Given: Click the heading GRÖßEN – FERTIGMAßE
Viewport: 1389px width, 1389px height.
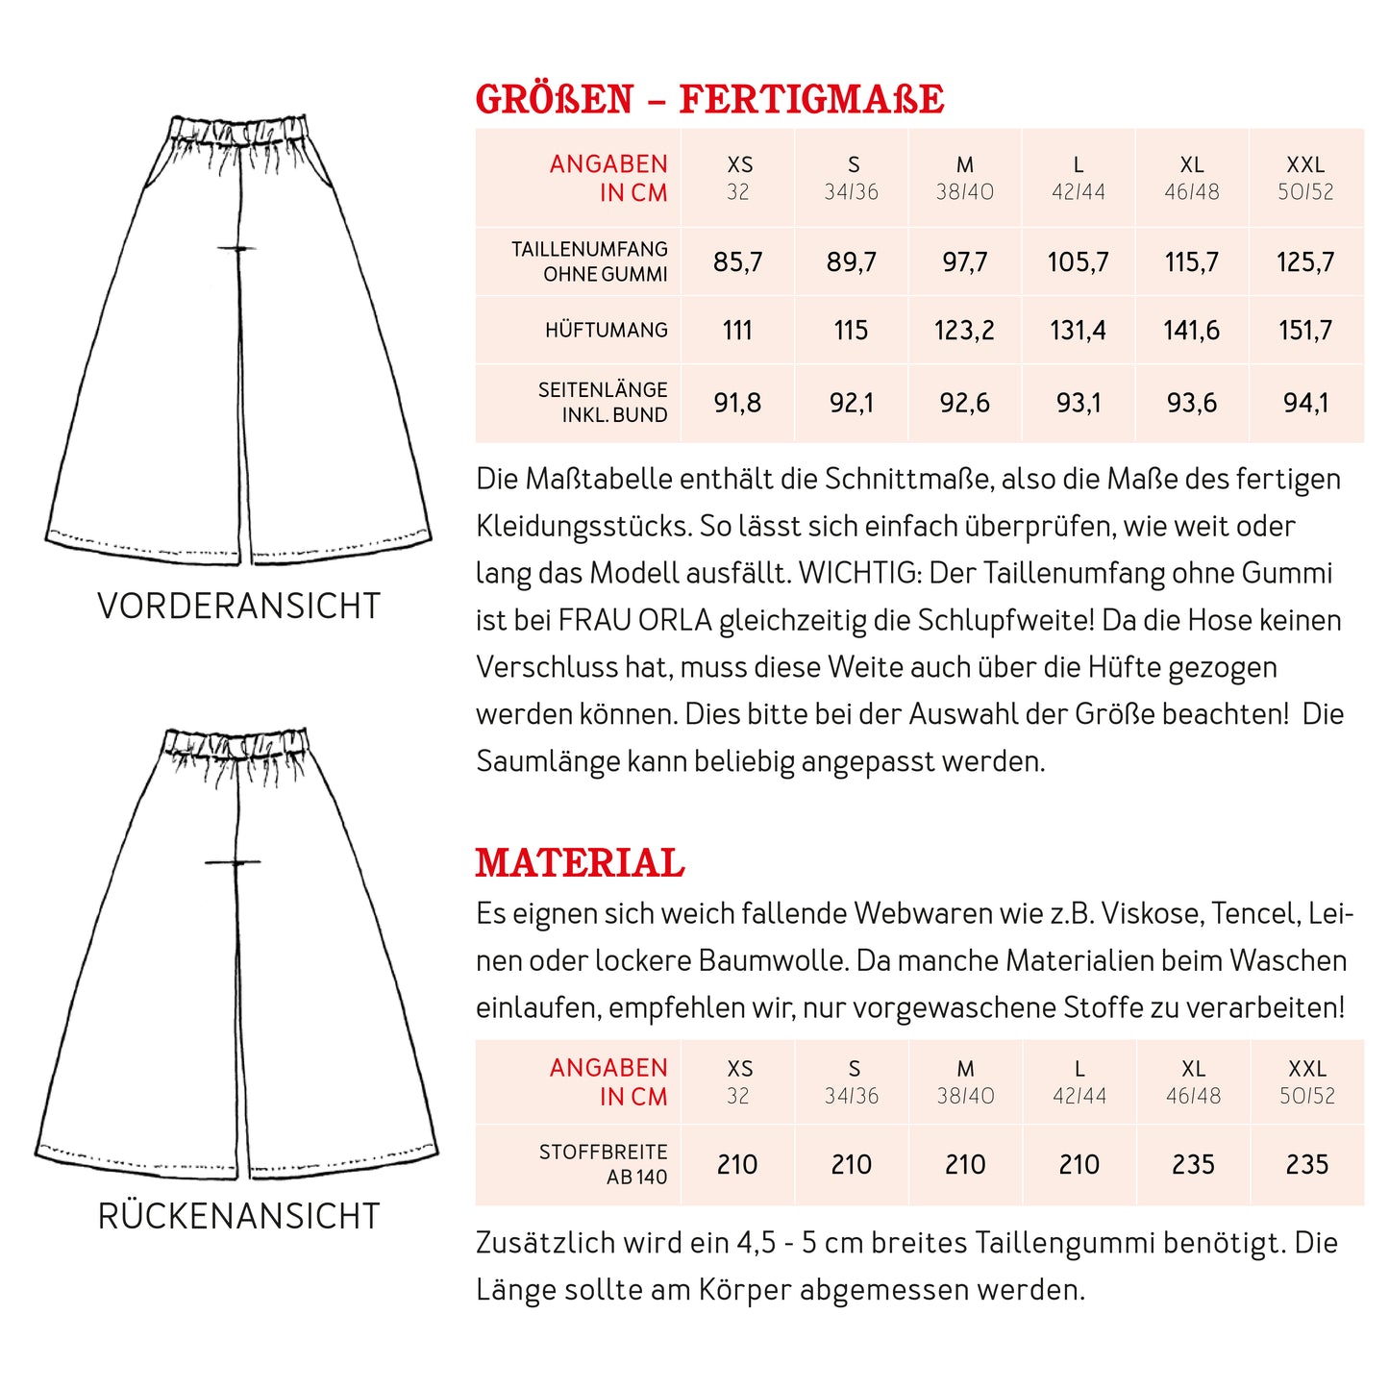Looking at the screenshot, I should pos(709,99).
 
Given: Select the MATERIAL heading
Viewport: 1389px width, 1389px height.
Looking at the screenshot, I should pos(580,862).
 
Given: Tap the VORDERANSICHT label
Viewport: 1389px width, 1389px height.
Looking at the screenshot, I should pos(239,607).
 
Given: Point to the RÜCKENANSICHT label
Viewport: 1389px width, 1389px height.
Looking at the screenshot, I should pos(239,1216).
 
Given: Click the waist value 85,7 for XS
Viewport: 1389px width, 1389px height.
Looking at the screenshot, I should pos(737,261).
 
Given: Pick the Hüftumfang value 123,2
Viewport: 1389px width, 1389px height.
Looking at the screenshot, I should pos(964,331).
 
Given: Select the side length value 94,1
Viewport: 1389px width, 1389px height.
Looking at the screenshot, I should pos(1305,403).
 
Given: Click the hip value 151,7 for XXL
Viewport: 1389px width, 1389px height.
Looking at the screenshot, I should pos(1305,331).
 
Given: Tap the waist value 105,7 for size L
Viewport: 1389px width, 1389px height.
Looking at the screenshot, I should pos(1078,261).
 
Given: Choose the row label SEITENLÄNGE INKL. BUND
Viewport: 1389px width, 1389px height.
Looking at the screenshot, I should pos(603,403).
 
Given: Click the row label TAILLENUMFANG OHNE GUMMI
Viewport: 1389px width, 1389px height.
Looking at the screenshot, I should pos(589,261).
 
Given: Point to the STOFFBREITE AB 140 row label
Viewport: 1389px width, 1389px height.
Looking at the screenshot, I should pos(604,1164).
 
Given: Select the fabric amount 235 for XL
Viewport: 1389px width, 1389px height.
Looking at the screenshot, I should pos(1193,1165).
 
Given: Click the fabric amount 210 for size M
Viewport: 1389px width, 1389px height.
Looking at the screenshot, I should pos(965,1165).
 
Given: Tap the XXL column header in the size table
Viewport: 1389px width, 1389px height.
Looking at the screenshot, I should pos(1305,178).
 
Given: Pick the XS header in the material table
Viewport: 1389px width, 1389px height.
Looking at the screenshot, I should pos(739,1081).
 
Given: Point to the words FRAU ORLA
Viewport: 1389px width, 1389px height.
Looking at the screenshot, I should pos(634,620).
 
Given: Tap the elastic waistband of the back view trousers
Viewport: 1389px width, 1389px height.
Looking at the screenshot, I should pos(236,743).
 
